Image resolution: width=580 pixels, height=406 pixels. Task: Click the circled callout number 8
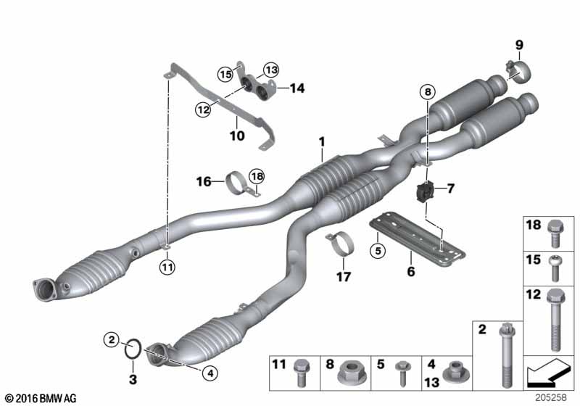click(x=428, y=91)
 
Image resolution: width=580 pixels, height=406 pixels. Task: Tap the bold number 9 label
click(x=519, y=45)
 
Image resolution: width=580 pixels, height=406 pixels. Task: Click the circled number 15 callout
click(x=225, y=75)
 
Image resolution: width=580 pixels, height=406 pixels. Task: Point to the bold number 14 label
click(x=297, y=88)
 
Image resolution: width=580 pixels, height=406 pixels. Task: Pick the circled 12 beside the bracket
click(x=203, y=109)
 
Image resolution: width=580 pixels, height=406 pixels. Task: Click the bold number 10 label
click(x=237, y=136)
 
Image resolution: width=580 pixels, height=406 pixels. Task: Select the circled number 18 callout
click(x=257, y=176)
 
